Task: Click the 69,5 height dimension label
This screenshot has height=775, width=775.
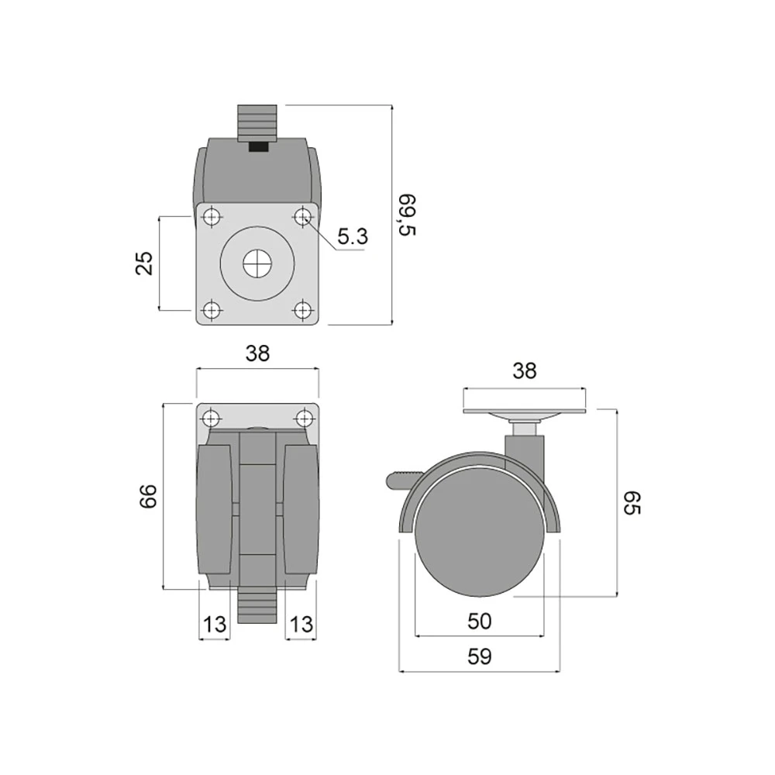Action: pyautogui.click(x=408, y=215)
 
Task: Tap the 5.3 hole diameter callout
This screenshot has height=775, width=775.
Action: pyautogui.click(x=353, y=236)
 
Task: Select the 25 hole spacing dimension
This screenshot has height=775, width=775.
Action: pyautogui.click(x=144, y=263)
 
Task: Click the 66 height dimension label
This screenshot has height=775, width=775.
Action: pyautogui.click(x=148, y=496)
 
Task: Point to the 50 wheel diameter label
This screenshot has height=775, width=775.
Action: pyautogui.click(x=480, y=622)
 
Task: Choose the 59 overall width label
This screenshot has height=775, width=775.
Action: pyautogui.click(x=480, y=656)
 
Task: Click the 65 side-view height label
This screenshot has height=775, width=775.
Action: pyautogui.click(x=632, y=503)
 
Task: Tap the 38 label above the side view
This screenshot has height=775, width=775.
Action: pyautogui.click(x=524, y=370)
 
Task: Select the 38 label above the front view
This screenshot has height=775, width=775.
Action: pyautogui.click(x=257, y=353)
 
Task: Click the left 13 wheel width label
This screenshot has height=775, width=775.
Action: pyautogui.click(x=215, y=625)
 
